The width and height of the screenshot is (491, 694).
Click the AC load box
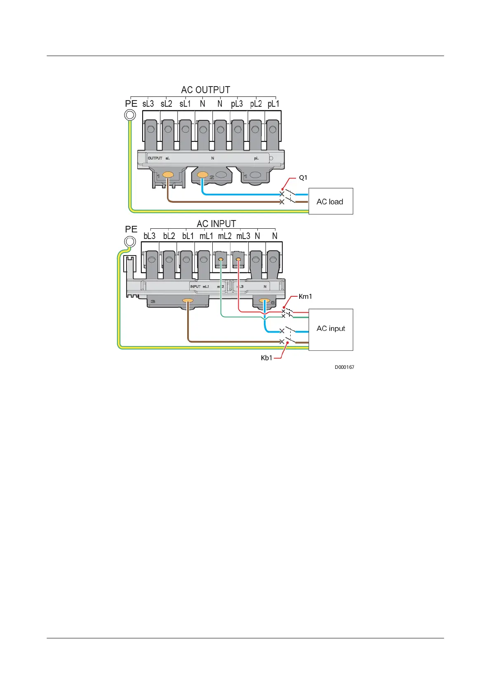pyautogui.click(x=331, y=202)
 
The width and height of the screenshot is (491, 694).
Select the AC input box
pyautogui.click(x=331, y=329)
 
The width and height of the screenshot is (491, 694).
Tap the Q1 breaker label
pyautogui.click(x=303, y=178)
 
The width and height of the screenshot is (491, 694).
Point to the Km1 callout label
pyautogui.click(x=305, y=296)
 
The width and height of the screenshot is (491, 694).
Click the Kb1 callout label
pyautogui.click(x=266, y=358)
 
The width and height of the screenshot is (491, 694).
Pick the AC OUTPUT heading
pyautogui.click(x=205, y=90)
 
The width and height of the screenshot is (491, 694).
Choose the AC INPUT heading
pyautogui.click(x=216, y=224)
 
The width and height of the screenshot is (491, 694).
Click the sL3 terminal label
pyautogui.click(x=148, y=104)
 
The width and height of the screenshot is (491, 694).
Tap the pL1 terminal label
pyautogui.click(x=273, y=104)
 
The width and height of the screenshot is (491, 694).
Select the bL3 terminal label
pyautogui.click(x=149, y=236)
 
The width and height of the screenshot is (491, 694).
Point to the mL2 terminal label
pyautogui.click(x=225, y=236)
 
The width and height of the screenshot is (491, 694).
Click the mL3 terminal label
pyautogui.click(x=243, y=236)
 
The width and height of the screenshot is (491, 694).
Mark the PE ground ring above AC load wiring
pyautogui.click(x=130, y=115)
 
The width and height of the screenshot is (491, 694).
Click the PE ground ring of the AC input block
pyautogui.click(x=130, y=241)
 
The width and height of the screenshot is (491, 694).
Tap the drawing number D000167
pyautogui.click(x=344, y=367)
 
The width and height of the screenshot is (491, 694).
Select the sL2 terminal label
pyautogui.click(x=167, y=104)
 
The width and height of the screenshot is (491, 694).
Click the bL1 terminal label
pyautogui.click(x=188, y=236)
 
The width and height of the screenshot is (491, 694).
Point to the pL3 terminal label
pyautogui.click(x=237, y=104)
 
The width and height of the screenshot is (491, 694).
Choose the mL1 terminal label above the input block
pyautogui.click(x=206, y=236)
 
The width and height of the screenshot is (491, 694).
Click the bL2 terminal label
pyautogui.click(x=169, y=236)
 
